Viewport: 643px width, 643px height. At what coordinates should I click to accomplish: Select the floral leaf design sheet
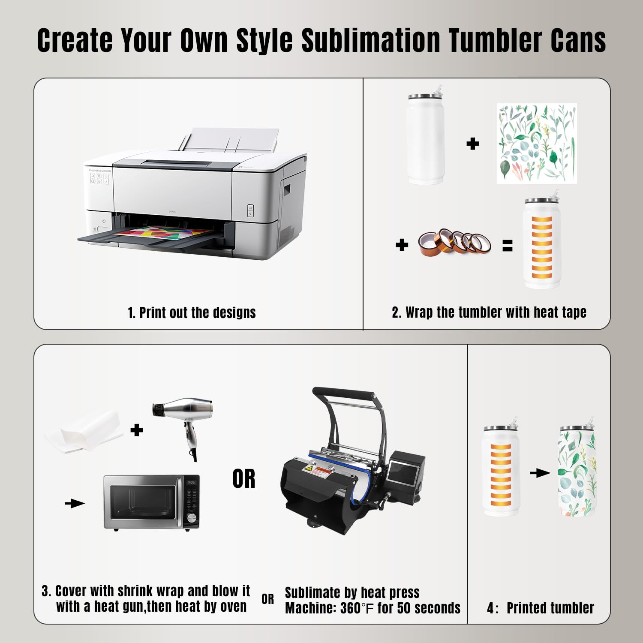click(537, 144)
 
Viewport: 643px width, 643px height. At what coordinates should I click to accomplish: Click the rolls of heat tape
click(455, 243)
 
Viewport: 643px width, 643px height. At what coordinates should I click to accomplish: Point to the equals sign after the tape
click(508, 246)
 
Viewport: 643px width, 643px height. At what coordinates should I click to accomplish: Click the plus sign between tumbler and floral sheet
click(472, 144)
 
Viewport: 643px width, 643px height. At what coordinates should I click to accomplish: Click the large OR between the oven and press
click(244, 479)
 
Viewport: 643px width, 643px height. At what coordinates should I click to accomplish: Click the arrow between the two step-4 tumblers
click(540, 473)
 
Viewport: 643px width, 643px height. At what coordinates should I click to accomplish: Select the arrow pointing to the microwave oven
click(75, 503)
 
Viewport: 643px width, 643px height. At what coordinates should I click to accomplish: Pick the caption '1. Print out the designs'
click(192, 312)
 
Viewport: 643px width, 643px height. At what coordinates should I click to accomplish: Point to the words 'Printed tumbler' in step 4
click(550, 608)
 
